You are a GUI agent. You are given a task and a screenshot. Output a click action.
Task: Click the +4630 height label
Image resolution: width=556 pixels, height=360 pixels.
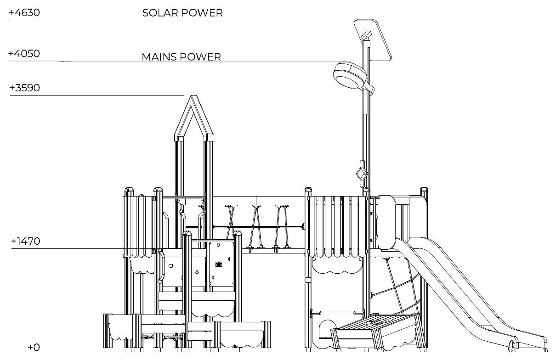(24, 13)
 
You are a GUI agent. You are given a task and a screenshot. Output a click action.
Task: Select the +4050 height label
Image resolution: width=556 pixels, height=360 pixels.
(24, 54)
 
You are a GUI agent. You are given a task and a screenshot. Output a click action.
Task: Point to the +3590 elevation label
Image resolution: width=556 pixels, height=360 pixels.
(24, 88)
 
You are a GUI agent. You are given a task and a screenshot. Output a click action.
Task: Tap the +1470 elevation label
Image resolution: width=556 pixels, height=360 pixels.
(26, 241)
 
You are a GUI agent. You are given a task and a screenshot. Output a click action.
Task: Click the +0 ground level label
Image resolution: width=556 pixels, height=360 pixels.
(34, 347)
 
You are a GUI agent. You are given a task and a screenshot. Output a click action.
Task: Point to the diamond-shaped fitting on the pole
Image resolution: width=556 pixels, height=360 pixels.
(362, 174)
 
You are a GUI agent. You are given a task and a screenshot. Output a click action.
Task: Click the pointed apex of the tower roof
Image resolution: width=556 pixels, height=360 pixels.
(193, 96)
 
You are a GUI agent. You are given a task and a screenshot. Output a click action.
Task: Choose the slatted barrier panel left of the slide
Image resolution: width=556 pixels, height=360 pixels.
(338, 226)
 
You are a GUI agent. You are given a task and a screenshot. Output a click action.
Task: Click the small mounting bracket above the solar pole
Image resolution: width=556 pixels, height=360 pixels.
(366, 35)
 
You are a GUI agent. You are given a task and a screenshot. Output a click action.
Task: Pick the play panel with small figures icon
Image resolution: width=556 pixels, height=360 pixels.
(221, 264)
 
